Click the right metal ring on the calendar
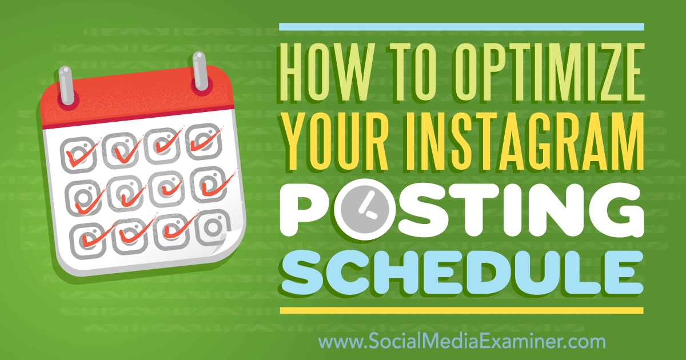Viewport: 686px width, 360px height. [x=200, y=71]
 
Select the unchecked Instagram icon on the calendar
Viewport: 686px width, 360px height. [x=213, y=228]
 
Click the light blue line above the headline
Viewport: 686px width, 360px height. [x=461, y=27]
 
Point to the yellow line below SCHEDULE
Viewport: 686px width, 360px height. [x=461, y=311]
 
